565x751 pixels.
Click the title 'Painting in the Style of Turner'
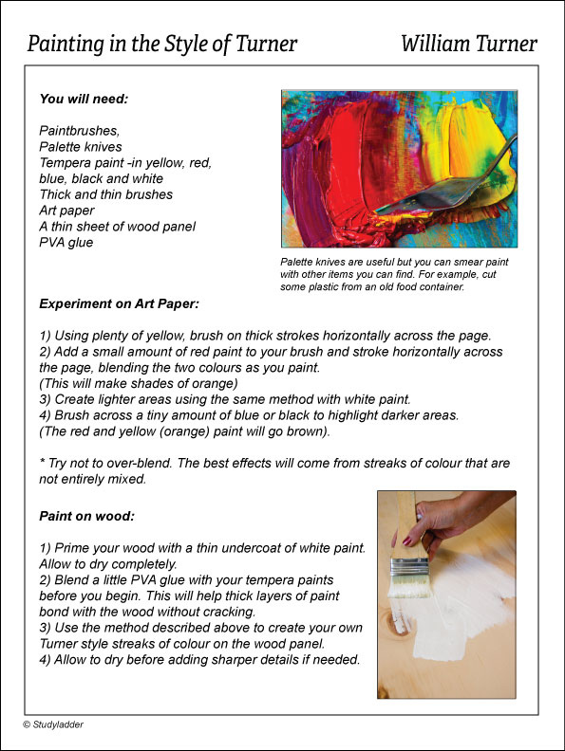pyautogui.click(x=162, y=44)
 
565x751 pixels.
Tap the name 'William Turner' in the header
pyautogui.click(x=469, y=44)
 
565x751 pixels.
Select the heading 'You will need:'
pyautogui.click(x=84, y=99)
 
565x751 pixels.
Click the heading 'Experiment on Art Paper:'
pyautogui.click(x=118, y=304)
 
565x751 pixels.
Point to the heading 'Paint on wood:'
pyautogui.click(x=86, y=517)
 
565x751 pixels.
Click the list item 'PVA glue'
pyautogui.click(x=67, y=242)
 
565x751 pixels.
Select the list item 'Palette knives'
pyautogui.click(x=81, y=146)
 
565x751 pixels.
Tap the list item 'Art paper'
pyautogui.click(x=66, y=210)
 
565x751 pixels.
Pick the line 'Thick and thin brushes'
pyautogui.click(x=106, y=194)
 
